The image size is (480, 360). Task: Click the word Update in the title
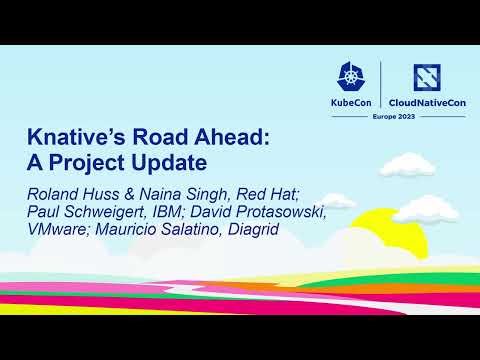pyautogui.click(x=184, y=162)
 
